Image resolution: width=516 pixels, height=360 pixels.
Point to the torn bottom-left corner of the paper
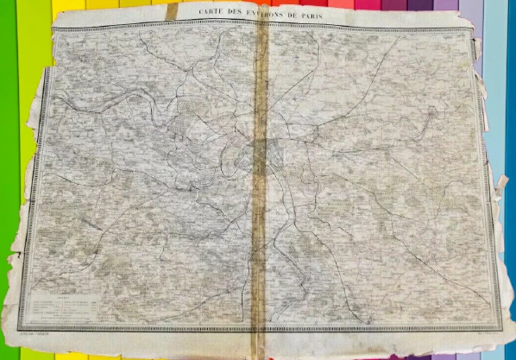(x=12, y=341)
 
